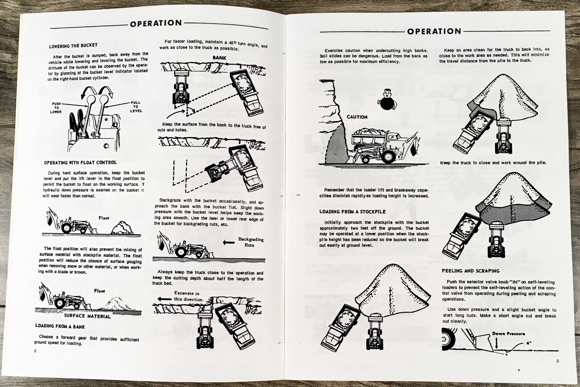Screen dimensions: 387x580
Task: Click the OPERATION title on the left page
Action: (156, 24)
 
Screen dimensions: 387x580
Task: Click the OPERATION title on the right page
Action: (434, 31)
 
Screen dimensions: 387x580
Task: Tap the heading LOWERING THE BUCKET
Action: (73, 46)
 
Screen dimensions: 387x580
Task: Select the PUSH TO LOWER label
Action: (56, 108)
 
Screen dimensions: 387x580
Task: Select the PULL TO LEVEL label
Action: (136, 107)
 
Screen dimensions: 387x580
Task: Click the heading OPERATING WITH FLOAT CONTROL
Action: (80, 163)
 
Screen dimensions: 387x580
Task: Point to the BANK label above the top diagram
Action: (219, 58)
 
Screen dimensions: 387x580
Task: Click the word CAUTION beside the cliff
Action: (357, 117)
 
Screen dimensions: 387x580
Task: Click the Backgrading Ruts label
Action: (250, 242)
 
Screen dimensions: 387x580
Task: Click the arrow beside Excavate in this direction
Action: (164, 299)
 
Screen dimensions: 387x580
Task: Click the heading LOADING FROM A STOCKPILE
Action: (352, 212)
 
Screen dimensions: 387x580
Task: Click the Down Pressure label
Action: (508, 333)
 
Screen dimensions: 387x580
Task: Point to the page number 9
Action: (558, 361)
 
